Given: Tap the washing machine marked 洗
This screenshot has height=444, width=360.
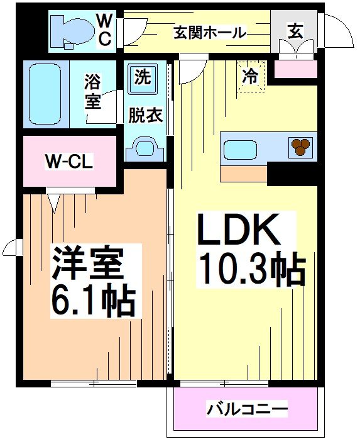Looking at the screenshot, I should click(x=142, y=79).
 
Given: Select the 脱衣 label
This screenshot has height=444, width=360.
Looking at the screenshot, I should click(x=146, y=116).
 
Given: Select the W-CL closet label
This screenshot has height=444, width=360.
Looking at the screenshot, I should click(x=68, y=162).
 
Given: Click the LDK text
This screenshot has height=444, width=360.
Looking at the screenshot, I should click(x=238, y=231).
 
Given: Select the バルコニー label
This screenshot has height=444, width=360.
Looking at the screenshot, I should click(x=247, y=409).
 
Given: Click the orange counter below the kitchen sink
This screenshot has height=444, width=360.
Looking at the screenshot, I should click(x=244, y=172).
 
